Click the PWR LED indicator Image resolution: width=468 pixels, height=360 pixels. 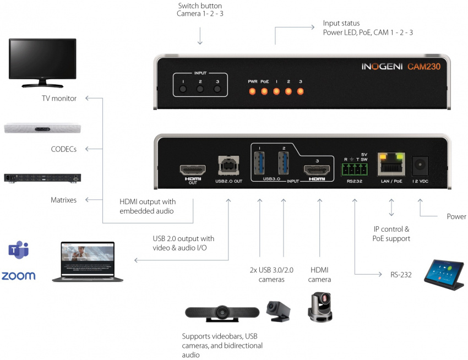[x=253, y=91]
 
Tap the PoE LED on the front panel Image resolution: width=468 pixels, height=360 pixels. [x=264, y=91]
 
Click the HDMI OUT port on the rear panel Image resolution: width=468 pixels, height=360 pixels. [x=192, y=168]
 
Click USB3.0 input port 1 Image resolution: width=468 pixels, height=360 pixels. [x=260, y=163]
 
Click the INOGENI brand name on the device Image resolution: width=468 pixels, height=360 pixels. [x=382, y=67]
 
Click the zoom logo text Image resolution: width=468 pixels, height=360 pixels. [x=18, y=276]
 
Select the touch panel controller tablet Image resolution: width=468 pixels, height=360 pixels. [x=444, y=272]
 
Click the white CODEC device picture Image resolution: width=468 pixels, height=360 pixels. [x=42, y=128]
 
